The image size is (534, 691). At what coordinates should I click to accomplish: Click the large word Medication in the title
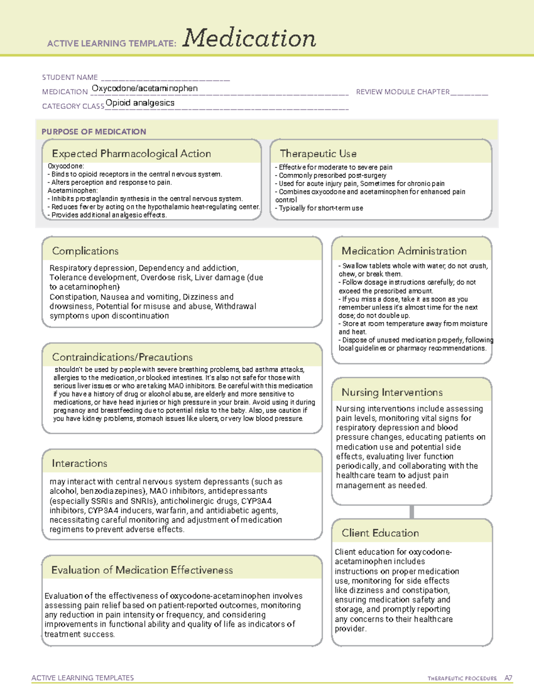coord(249,38)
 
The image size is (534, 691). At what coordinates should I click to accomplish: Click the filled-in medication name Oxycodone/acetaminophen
coord(145,89)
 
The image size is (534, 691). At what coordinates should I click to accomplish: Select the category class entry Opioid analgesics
coord(140,103)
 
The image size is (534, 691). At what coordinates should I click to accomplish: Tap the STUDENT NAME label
coord(70,77)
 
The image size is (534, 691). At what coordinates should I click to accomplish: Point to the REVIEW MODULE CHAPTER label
coord(403,92)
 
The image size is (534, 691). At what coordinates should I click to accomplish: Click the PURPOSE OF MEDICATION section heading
coord(94,132)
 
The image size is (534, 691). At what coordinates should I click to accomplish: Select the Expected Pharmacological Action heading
coord(131,154)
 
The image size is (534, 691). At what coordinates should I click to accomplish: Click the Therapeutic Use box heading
coord(318,154)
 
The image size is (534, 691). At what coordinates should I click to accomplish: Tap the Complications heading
coord(85,251)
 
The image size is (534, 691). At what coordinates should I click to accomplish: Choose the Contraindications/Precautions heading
coord(122,357)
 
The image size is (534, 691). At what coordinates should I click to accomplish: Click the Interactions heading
coord(80,463)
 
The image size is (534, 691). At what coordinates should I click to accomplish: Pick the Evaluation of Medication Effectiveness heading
coord(142,570)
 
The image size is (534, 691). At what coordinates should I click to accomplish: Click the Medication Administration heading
coord(404,251)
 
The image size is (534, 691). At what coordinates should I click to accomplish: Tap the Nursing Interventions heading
coord(392,392)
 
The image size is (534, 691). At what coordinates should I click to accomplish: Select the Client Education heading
coord(380,533)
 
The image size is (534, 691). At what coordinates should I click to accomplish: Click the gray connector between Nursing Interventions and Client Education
coord(412,512)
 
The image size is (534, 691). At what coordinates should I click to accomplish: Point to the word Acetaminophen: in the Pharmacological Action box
coord(73,190)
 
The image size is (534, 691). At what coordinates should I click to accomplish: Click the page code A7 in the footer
coord(508,678)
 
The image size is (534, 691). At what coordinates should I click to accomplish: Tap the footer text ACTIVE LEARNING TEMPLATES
coord(83,678)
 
